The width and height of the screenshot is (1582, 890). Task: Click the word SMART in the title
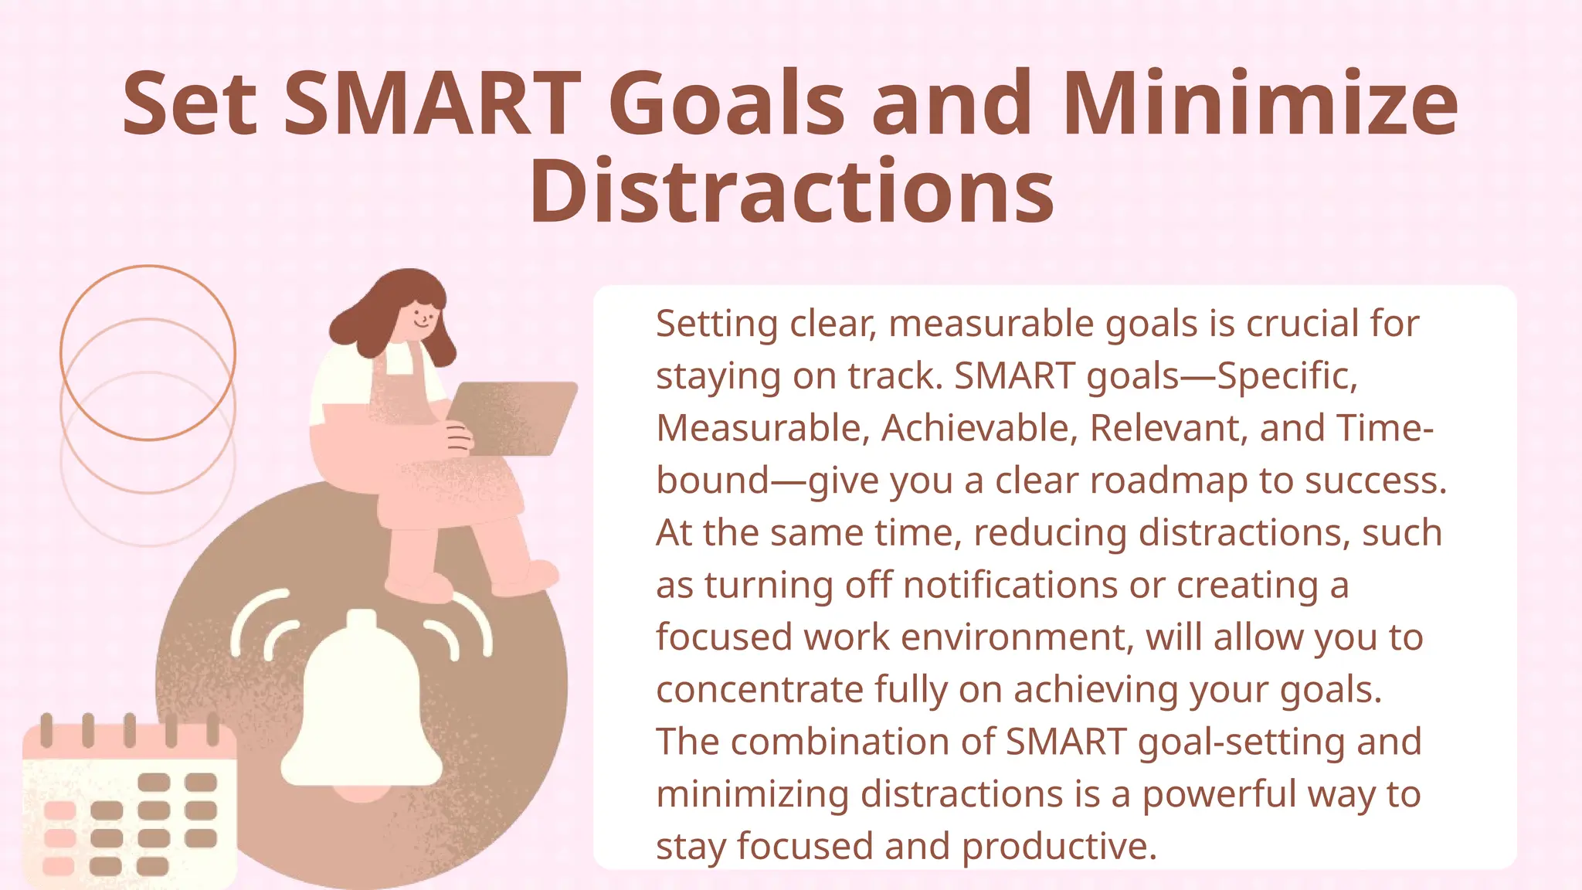tap(433, 104)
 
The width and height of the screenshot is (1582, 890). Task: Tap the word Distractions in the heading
tap(791, 192)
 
